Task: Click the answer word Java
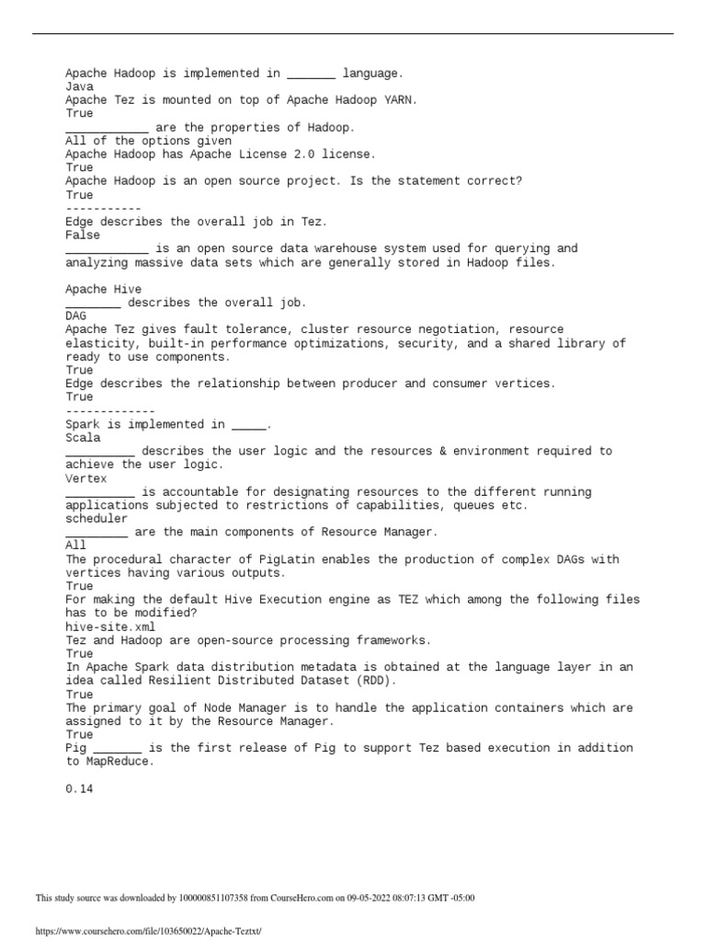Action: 79,86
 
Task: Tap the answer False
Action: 83,235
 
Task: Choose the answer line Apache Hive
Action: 104,289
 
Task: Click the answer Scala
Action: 83,438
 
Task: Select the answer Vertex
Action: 86,478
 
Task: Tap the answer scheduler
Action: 97,519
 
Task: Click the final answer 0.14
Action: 79,788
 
